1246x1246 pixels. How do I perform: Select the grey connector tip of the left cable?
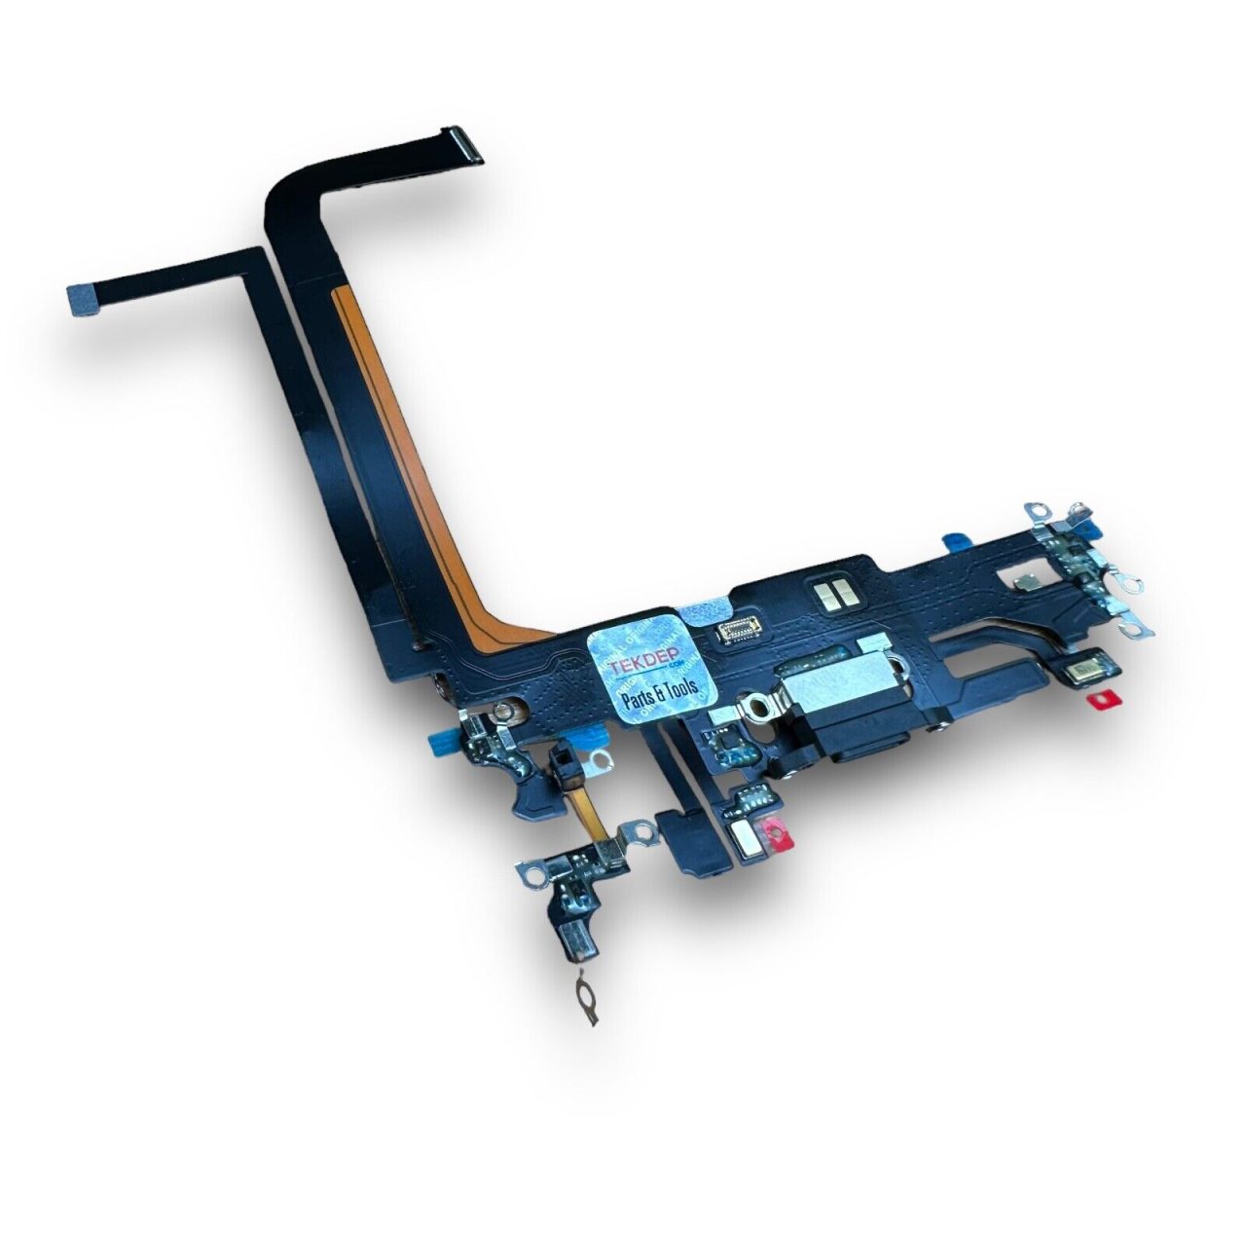[80, 300]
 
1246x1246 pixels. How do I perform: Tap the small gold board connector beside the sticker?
[742, 633]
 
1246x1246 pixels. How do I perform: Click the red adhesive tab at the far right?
[1100, 699]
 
